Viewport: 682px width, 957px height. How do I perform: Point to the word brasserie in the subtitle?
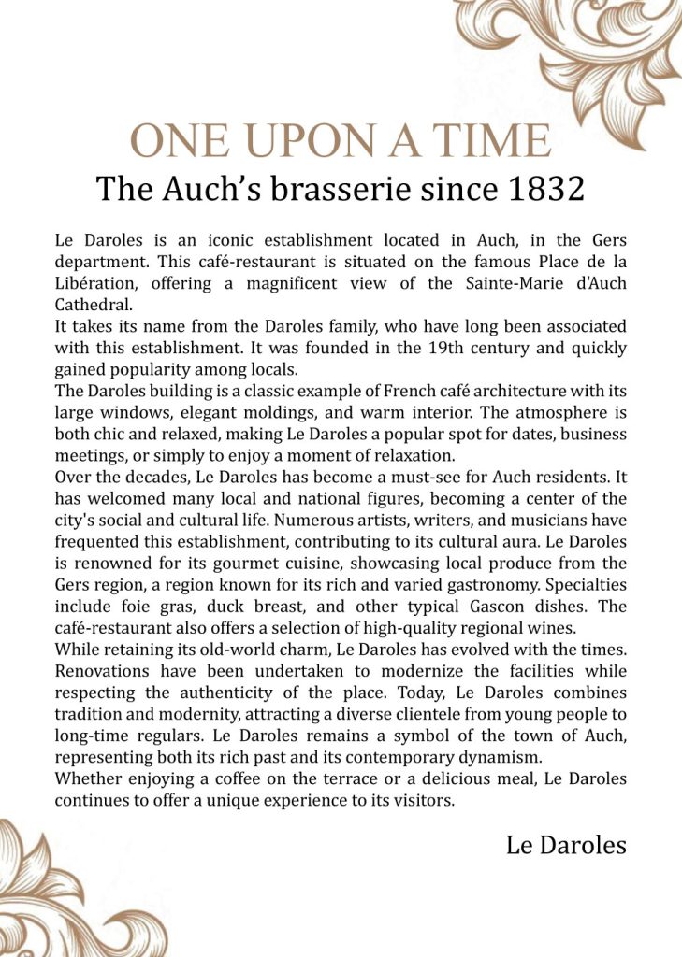point(341,189)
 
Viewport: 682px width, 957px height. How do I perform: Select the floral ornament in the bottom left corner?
point(65,897)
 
